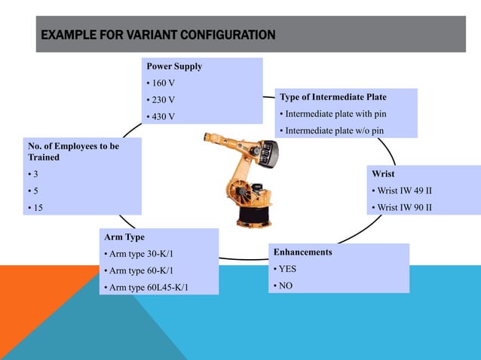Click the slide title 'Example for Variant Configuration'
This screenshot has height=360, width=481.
[157, 35]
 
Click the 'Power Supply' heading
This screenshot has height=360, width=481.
[174, 66]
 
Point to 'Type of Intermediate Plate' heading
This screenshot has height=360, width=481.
[333, 98]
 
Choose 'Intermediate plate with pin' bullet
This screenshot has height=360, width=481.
[335, 114]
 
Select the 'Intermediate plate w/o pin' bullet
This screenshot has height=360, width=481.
[334, 131]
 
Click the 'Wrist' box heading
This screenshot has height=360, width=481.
[383, 174]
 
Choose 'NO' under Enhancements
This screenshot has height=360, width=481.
[286, 286]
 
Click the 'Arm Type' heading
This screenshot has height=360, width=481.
[124, 237]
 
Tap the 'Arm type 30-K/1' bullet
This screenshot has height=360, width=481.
[144, 254]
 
